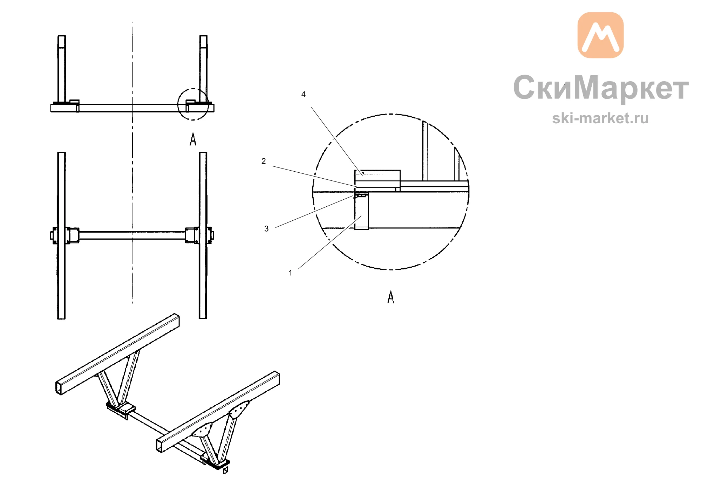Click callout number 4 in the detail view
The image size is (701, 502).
(x=304, y=94)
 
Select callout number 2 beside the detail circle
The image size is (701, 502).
(x=264, y=161)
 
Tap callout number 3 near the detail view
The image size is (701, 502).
(x=266, y=229)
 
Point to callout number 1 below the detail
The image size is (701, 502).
(x=290, y=273)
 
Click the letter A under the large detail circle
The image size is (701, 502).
(x=391, y=297)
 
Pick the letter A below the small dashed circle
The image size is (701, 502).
(x=193, y=139)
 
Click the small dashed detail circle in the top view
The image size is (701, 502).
(x=178, y=104)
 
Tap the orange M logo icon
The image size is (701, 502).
(x=600, y=35)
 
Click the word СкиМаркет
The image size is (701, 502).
(x=601, y=88)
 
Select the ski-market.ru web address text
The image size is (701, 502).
(x=600, y=118)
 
